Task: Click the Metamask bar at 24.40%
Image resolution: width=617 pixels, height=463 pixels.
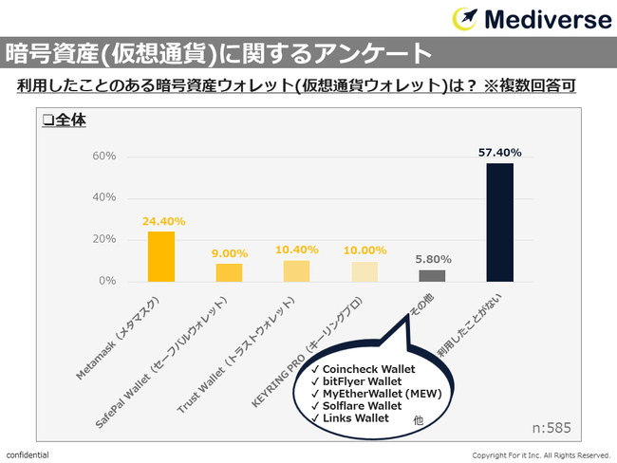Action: (160, 256)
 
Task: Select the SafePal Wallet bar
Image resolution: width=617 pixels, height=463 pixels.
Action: (229, 272)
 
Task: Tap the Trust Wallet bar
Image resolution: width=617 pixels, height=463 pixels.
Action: (296, 270)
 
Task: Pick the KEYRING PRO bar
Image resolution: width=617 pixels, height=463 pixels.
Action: (364, 271)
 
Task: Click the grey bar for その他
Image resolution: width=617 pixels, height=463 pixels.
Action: (432, 276)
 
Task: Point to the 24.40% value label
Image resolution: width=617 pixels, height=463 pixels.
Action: (163, 221)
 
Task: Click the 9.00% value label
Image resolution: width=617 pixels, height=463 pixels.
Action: (229, 253)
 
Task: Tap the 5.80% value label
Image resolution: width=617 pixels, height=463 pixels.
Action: (432, 259)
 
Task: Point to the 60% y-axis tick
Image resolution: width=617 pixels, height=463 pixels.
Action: (104, 156)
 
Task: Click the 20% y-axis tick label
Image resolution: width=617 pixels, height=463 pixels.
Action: (104, 239)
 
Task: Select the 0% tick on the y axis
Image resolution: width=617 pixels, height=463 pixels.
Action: (107, 281)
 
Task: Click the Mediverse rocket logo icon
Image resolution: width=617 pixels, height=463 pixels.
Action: (466, 18)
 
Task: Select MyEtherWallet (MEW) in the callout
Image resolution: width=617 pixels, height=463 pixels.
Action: (378, 393)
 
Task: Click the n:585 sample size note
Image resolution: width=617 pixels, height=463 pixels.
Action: (551, 428)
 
